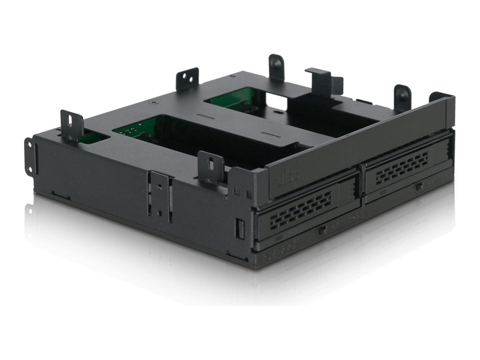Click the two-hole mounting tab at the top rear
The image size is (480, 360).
[188, 79]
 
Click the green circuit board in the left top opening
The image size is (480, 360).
[132, 129]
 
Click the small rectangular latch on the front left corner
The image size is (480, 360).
[240, 229]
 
